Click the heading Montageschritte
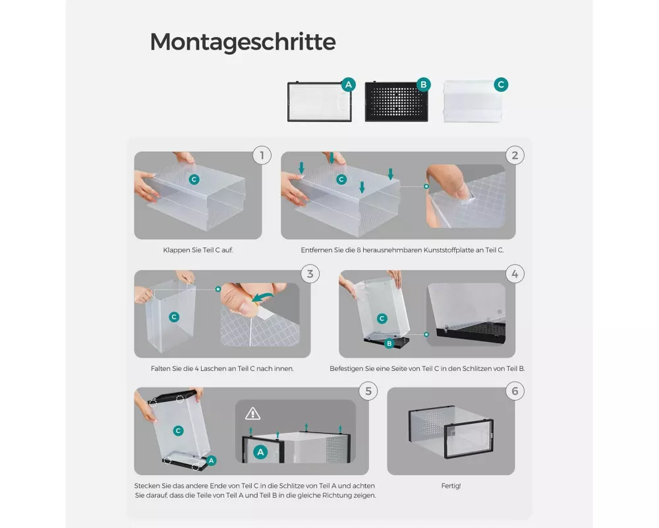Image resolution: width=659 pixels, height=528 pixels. [243, 42]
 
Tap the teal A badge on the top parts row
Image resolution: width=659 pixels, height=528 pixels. [349, 85]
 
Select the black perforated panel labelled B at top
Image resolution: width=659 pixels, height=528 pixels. [396, 102]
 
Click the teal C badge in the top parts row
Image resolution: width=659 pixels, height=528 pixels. [501, 84]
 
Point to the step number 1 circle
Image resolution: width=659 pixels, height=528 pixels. [262, 155]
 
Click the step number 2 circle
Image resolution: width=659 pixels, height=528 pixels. [515, 155]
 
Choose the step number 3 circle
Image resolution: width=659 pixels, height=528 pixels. [310, 274]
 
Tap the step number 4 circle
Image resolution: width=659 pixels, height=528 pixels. [515, 274]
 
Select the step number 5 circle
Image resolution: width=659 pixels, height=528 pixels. [368, 391]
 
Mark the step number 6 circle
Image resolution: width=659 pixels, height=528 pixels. [515, 391]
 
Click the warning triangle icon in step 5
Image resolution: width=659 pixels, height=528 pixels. [252, 414]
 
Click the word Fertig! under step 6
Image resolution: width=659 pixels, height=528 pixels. [451, 486]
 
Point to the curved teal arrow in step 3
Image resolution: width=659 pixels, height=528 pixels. [263, 297]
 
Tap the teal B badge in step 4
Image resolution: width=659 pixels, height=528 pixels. [389, 344]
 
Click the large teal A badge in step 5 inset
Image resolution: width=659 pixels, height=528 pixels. [260, 452]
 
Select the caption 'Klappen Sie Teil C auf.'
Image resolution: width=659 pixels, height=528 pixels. [198, 250]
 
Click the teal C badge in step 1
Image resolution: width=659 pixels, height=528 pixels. [194, 180]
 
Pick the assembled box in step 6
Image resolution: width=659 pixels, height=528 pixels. [451, 432]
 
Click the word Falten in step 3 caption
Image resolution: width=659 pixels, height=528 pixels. [160, 369]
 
